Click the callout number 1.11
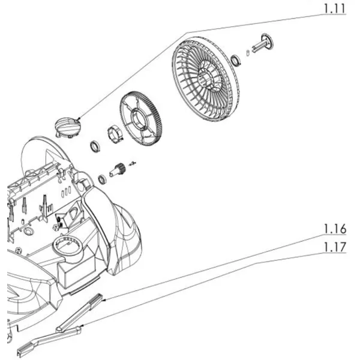coord(334,8)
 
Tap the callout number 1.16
coord(335,229)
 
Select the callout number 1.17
coord(335,247)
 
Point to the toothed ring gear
coord(141,119)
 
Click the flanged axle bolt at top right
coord(263,44)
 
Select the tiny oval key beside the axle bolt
coord(248,53)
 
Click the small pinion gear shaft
coord(117,169)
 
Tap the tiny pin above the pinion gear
coord(133,163)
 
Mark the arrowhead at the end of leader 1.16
coord(104,299)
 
